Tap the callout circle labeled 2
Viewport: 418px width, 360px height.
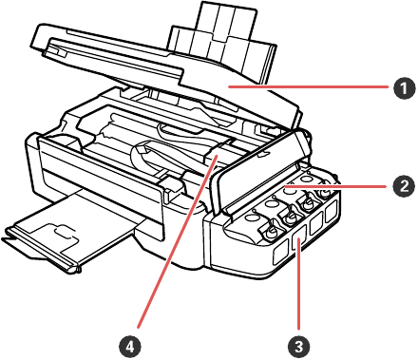(404, 186)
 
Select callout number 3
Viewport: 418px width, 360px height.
(298, 347)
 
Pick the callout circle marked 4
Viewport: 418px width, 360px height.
(130, 347)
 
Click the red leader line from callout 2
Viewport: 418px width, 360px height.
(335, 187)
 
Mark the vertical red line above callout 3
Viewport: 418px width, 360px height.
(298, 286)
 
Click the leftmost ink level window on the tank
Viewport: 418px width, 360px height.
(280, 252)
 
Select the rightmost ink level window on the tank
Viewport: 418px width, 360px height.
(331, 212)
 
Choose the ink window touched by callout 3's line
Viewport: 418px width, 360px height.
(298, 238)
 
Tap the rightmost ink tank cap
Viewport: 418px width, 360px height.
(325, 192)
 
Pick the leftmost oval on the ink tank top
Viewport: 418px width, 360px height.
(252, 218)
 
